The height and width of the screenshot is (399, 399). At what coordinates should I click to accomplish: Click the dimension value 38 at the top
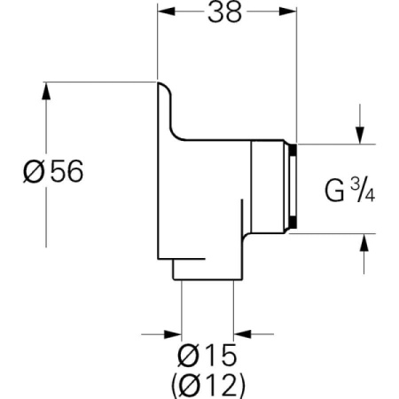(x=224, y=12)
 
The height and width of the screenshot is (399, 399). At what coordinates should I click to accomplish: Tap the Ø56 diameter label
(x=53, y=171)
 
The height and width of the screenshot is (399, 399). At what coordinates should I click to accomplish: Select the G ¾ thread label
(x=350, y=191)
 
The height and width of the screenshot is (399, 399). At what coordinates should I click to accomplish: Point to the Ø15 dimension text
(x=207, y=355)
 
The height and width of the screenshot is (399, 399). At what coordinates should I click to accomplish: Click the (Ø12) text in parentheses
(x=207, y=385)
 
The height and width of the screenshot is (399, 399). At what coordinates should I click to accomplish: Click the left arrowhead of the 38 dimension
(x=167, y=12)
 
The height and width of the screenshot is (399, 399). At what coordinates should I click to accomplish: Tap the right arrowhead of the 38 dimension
(x=287, y=12)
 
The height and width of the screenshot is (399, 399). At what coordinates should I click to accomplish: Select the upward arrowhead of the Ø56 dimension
(x=46, y=90)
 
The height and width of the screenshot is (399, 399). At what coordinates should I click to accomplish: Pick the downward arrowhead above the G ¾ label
(x=360, y=135)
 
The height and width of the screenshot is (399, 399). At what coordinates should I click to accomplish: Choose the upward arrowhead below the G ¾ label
(x=364, y=242)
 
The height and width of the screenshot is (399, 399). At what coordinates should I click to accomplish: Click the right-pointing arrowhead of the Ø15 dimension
(x=173, y=334)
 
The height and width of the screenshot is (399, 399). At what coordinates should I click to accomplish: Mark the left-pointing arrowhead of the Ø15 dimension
(x=242, y=334)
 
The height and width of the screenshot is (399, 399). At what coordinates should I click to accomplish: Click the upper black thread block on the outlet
(x=293, y=150)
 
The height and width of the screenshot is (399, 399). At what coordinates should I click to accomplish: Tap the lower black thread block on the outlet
(x=293, y=223)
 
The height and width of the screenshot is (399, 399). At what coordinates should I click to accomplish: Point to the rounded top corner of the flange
(x=166, y=87)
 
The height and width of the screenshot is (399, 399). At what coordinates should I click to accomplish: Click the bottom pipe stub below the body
(x=207, y=270)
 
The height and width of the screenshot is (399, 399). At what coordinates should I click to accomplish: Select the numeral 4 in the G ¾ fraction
(x=370, y=196)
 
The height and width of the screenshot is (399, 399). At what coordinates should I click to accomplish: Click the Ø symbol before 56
(x=34, y=172)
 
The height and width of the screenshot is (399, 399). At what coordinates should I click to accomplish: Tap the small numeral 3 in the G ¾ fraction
(x=355, y=185)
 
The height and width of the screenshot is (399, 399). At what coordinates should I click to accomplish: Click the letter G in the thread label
(x=334, y=191)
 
